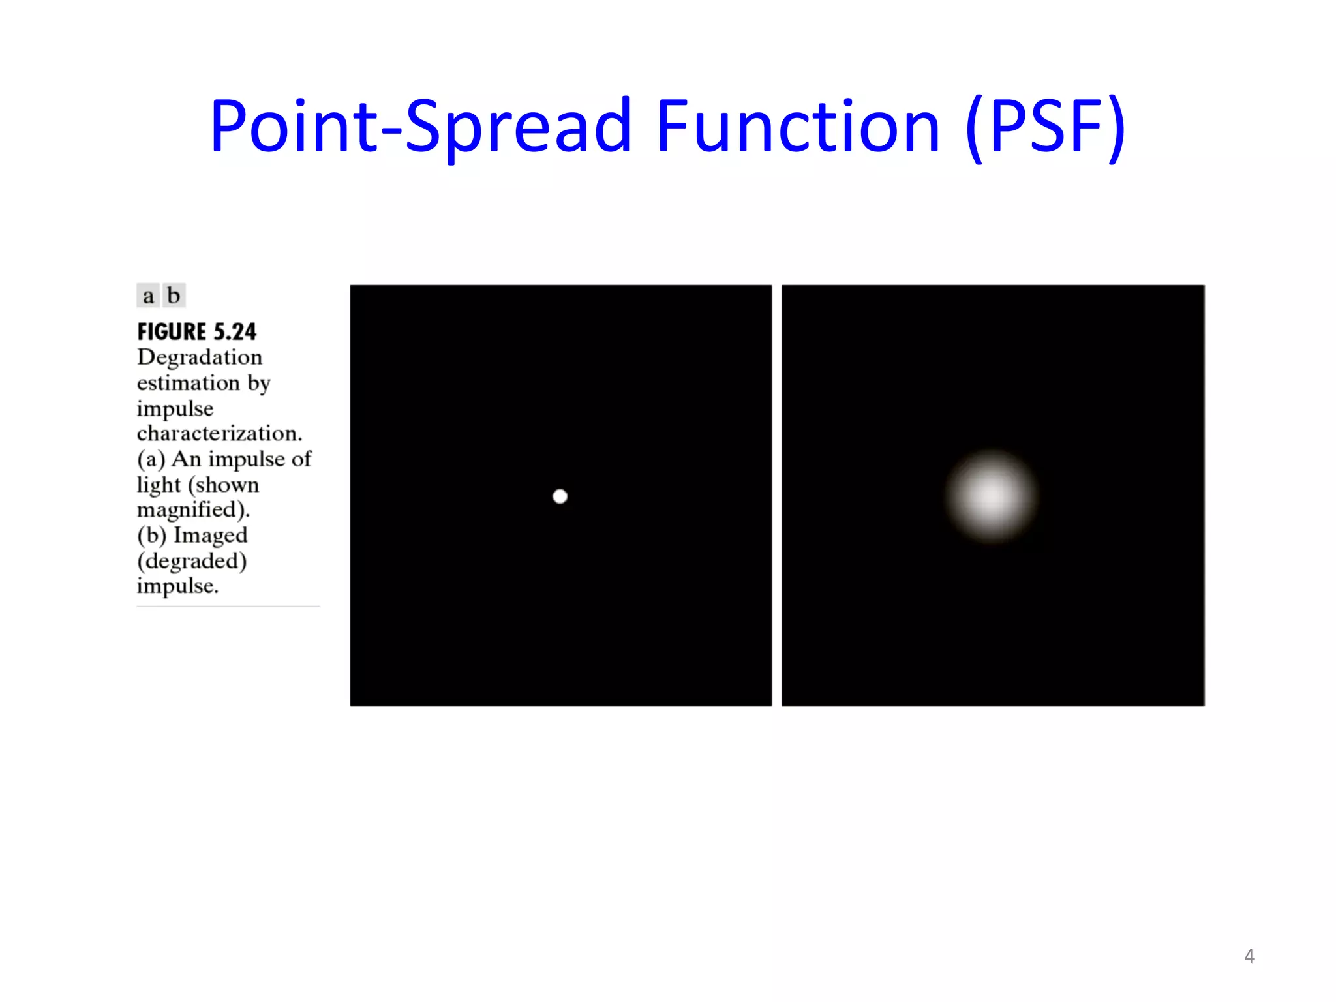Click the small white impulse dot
coord(560,496)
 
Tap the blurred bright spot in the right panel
coord(992,496)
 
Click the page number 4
coord(1249,956)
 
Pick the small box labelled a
coord(148,296)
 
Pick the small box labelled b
coord(174,296)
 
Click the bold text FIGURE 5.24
coord(196,331)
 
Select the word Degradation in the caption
coord(200,357)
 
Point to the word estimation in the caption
coord(188,383)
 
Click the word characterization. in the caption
coord(219,433)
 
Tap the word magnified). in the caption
coord(193,509)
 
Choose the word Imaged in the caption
coord(210,535)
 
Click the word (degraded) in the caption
coord(192,561)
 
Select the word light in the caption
coord(159,485)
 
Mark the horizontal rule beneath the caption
coord(228,606)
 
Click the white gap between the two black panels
coord(777,496)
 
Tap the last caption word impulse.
coord(177,586)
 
